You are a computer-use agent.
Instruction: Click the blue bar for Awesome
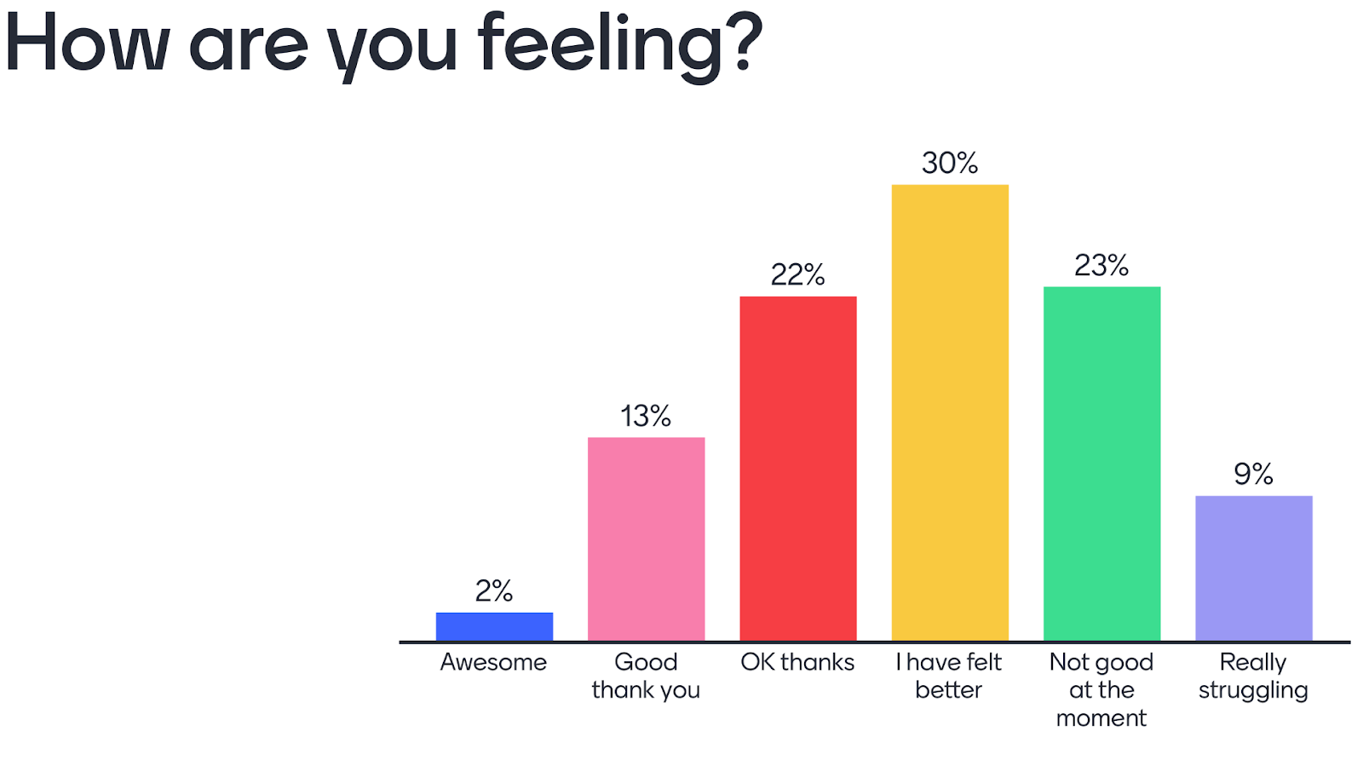pos(494,626)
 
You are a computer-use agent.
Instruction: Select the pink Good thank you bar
pos(646,539)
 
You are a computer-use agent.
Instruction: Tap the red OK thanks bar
pos(797,469)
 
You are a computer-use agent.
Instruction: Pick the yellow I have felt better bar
pos(950,412)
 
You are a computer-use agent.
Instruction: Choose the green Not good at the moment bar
pos(1101,464)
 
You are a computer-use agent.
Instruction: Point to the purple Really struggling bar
pos(1253,567)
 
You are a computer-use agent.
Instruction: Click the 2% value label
pos(494,590)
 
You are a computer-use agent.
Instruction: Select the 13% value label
pos(646,416)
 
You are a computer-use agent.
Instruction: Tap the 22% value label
pos(797,274)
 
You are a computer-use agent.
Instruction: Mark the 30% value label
pos(950,163)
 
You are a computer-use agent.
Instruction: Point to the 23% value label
pos(1101,266)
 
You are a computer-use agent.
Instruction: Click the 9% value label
pos(1253,474)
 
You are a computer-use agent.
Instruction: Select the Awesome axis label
pos(493,662)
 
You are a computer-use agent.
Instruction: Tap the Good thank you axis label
pos(646,676)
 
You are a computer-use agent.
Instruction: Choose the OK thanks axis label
pos(797,662)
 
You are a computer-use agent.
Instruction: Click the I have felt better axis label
pos(949,676)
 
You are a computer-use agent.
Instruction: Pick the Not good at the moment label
pos(1101,689)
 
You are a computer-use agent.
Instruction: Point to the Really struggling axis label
pos(1253,676)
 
